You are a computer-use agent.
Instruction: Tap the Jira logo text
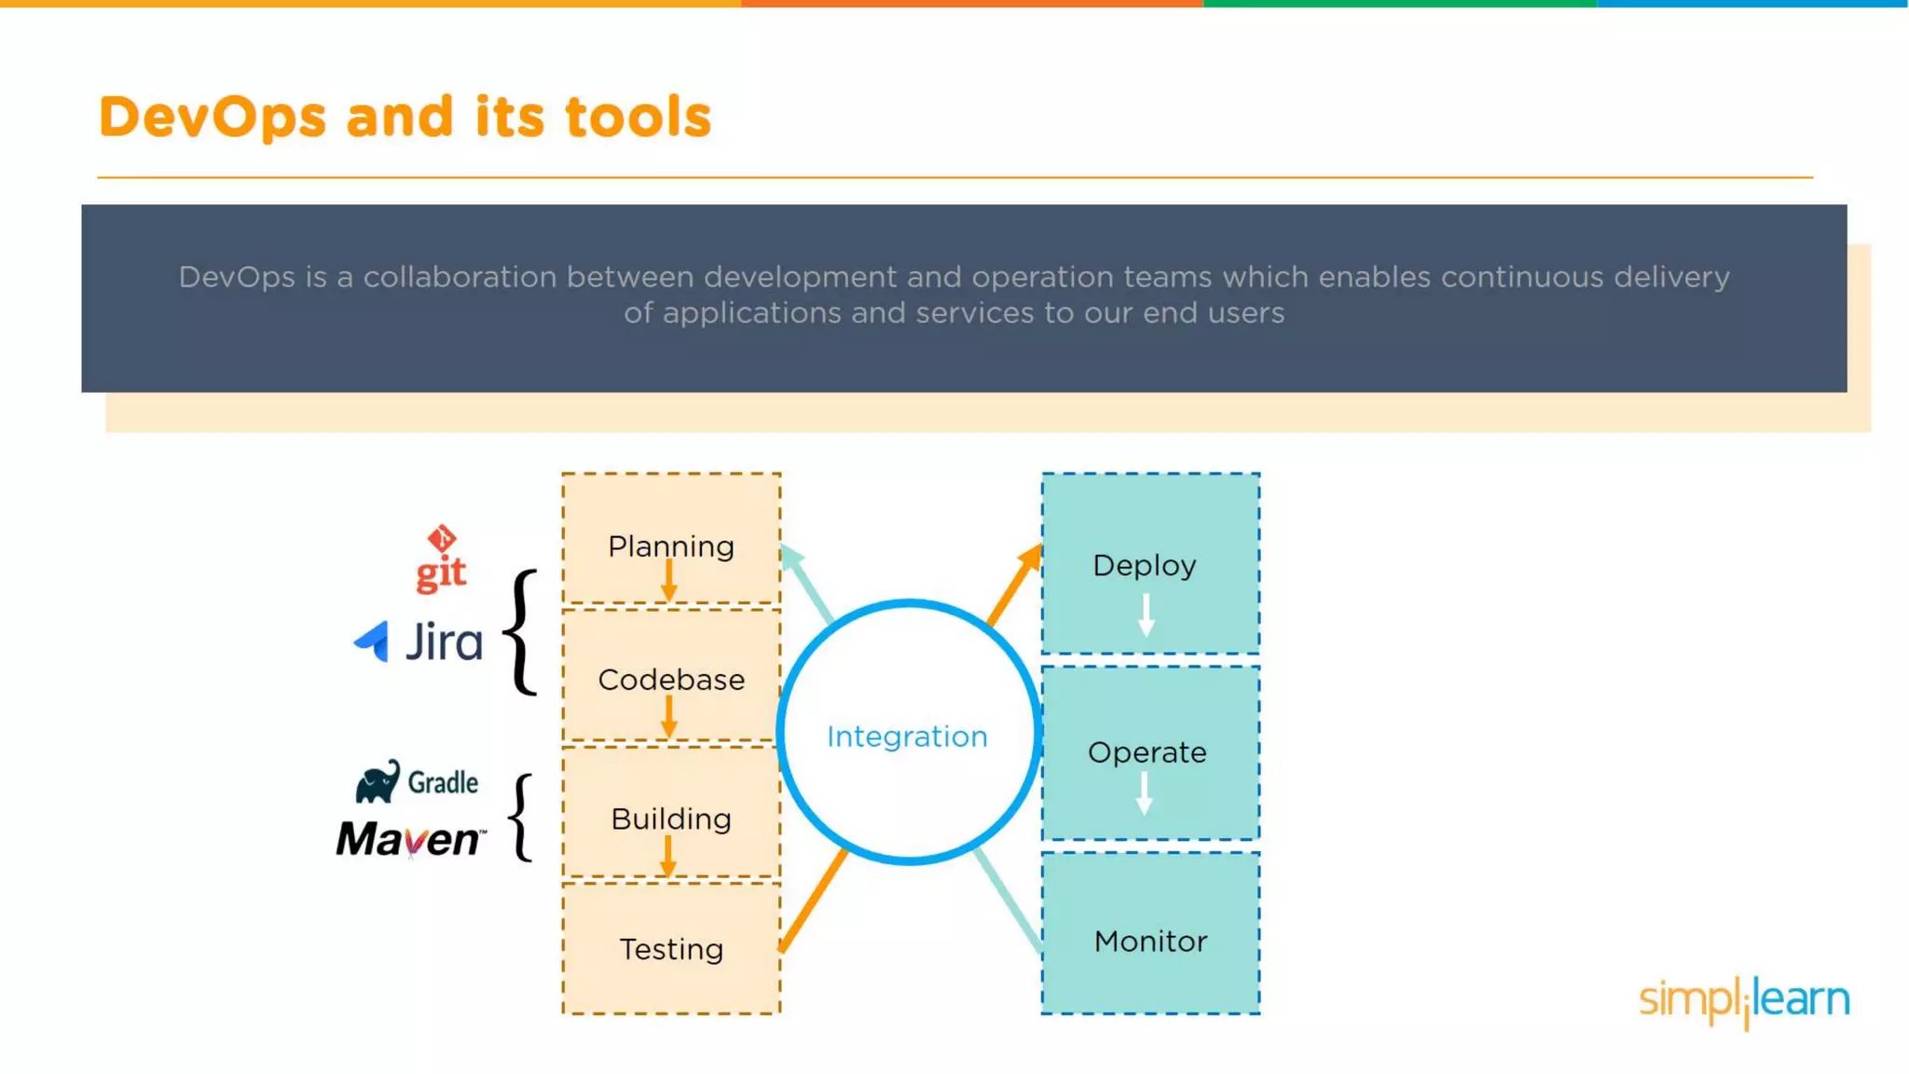coord(444,642)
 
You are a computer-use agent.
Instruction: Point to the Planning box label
coord(671,546)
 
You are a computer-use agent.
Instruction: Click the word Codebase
coord(671,680)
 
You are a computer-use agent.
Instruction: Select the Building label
coord(671,819)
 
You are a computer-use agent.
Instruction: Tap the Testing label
coord(671,949)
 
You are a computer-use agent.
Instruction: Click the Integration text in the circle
coord(907,737)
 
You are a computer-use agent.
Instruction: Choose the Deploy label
coord(1145,565)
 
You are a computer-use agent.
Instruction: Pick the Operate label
coord(1147,752)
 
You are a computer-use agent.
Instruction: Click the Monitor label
coord(1150,942)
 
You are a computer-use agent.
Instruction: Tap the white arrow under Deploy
coord(1146,615)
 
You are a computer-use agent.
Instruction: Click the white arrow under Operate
coord(1145,793)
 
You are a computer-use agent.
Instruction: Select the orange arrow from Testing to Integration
coord(813,900)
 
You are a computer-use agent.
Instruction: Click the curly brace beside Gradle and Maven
coord(522,818)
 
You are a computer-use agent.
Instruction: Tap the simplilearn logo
coord(1744,1000)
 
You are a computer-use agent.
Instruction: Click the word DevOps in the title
coord(213,117)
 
